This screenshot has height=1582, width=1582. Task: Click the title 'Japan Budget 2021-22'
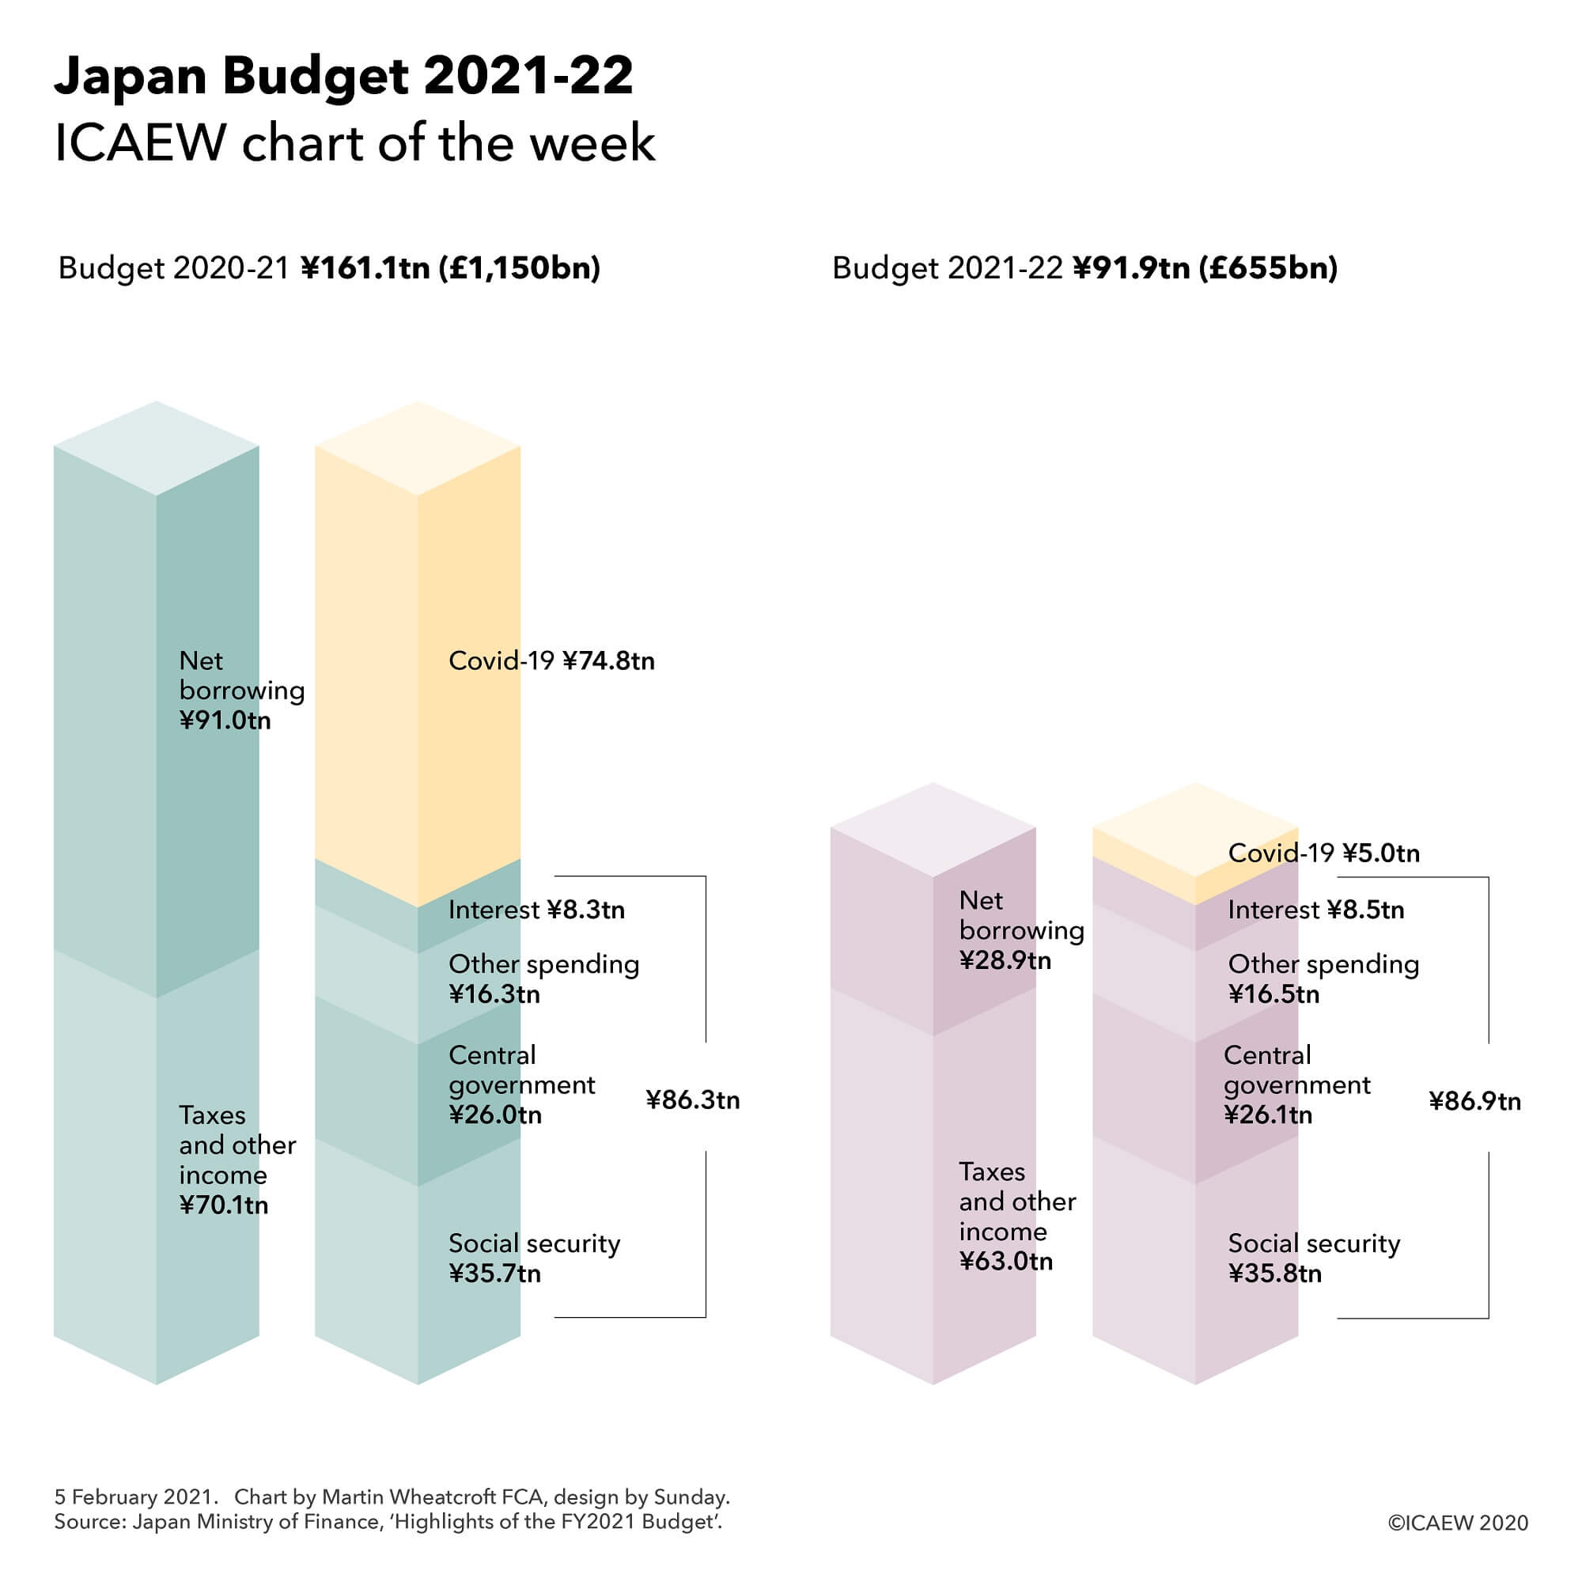[344, 77]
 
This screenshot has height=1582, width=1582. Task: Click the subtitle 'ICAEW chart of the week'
[354, 143]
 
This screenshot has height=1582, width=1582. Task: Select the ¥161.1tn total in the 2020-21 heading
[365, 268]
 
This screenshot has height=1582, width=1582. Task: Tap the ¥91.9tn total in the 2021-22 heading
[1131, 268]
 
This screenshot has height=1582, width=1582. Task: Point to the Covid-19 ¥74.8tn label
[551, 660]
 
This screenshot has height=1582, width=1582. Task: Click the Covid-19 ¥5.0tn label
[1323, 853]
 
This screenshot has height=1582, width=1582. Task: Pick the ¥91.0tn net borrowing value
[225, 721]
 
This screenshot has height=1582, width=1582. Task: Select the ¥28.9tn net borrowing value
[1005, 959]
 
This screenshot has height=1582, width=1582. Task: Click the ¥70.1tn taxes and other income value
[223, 1205]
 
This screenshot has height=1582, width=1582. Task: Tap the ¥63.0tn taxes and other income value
[1005, 1260]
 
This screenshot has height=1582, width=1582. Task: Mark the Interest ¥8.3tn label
[536, 910]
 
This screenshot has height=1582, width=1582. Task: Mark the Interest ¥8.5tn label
[1316, 910]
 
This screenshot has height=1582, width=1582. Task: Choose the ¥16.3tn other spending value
[494, 994]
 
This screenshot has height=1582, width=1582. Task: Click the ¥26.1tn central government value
[1267, 1115]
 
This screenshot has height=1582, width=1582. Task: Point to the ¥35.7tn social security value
[494, 1274]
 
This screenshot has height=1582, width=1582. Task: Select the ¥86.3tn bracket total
[692, 1099]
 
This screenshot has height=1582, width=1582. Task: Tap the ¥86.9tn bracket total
[1474, 1101]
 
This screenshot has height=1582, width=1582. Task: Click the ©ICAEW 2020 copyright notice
[1458, 1523]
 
